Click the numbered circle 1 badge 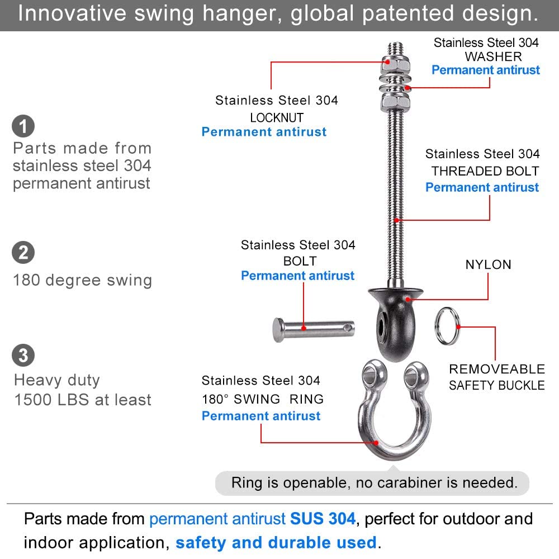point(23,126)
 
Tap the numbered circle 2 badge point(23,253)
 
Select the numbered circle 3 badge point(23,355)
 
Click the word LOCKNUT point(277,117)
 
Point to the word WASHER point(493,56)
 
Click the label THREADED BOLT point(485,171)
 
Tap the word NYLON point(488,264)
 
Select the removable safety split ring point(447,326)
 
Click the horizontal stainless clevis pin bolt point(314,329)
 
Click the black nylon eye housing point(396,321)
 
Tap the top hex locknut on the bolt point(395,65)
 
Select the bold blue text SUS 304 point(323,519)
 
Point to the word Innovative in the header point(72,13)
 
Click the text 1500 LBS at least point(83,400)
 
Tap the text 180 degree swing point(83,280)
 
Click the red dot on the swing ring point(376,443)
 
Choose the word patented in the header point(408,13)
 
